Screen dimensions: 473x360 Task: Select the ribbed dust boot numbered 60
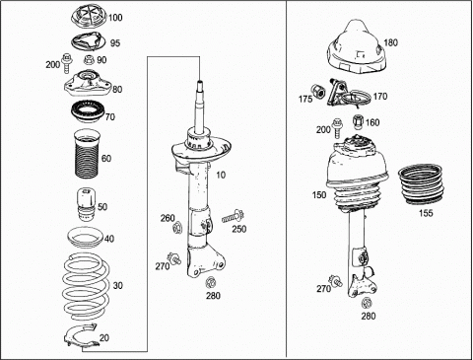(x=87, y=154)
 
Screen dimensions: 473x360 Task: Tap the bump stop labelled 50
(x=86, y=204)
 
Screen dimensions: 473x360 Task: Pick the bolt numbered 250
(x=233, y=216)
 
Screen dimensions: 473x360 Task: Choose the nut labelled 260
(x=177, y=227)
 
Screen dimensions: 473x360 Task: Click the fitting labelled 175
(x=318, y=91)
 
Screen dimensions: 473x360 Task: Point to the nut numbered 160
(x=358, y=122)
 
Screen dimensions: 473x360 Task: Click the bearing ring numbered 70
(x=88, y=113)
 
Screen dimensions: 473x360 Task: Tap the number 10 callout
(x=221, y=175)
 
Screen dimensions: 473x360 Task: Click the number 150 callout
(x=319, y=195)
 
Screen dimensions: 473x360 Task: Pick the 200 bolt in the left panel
(x=66, y=62)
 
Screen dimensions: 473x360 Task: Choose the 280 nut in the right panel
(x=367, y=303)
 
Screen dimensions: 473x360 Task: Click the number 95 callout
(x=115, y=43)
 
